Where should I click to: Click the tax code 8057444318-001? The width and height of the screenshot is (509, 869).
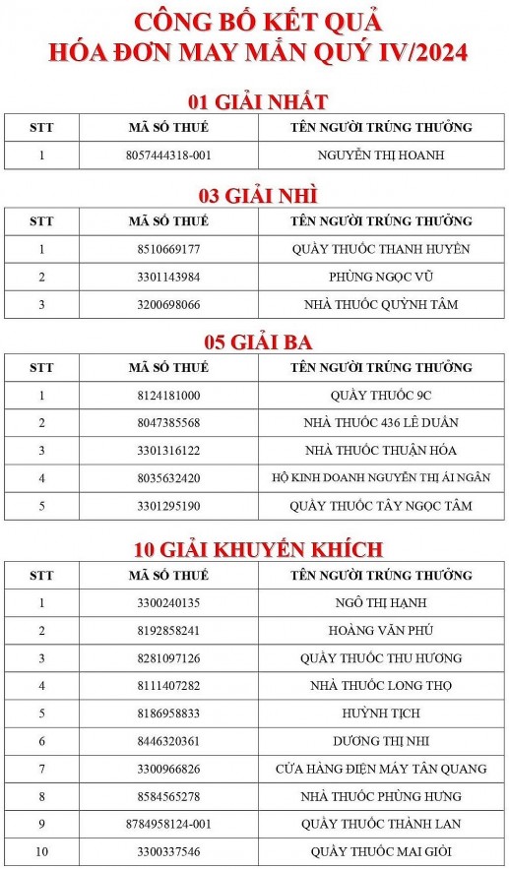click(x=168, y=155)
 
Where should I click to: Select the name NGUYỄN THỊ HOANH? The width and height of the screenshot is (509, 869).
click(x=381, y=155)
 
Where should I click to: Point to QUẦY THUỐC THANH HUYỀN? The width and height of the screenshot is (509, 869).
click(x=381, y=249)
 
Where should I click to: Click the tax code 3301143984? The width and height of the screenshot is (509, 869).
click(x=168, y=277)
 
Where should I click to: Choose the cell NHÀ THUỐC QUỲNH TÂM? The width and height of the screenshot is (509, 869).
click(x=381, y=304)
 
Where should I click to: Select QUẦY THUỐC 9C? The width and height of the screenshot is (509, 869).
click(x=381, y=396)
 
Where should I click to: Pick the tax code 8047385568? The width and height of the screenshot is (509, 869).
click(x=168, y=423)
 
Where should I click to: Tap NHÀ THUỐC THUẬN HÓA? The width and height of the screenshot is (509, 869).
click(x=381, y=451)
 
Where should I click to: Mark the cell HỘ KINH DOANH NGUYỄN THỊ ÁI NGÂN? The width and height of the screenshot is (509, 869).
click(x=381, y=478)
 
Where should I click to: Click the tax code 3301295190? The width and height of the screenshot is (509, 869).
click(x=168, y=506)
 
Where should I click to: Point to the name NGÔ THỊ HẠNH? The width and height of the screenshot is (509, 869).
click(x=381, y=602)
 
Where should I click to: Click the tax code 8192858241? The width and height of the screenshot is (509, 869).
click(x=168, y=630)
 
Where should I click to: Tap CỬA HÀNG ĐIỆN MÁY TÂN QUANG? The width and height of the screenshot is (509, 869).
click(x=381, y=769)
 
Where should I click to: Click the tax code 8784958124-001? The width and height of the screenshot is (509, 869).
click(x=168, y=824)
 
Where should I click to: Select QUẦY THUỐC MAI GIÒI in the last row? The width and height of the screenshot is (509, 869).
click(x=381, y=851)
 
